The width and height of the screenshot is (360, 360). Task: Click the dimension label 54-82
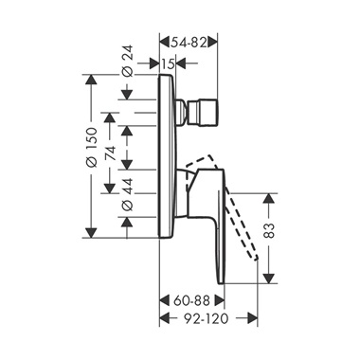[189, 43]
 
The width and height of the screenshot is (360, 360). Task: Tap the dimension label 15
[168, 63]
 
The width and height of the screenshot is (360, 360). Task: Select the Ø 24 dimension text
[127, 61]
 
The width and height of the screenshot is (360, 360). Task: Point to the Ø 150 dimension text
[92, 147]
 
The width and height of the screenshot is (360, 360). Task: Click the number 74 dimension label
[110, 153]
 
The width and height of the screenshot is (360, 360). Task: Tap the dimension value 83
[269, 230]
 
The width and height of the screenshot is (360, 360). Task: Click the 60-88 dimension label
[191, 300]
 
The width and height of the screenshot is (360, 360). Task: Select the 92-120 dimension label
[206, 318]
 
